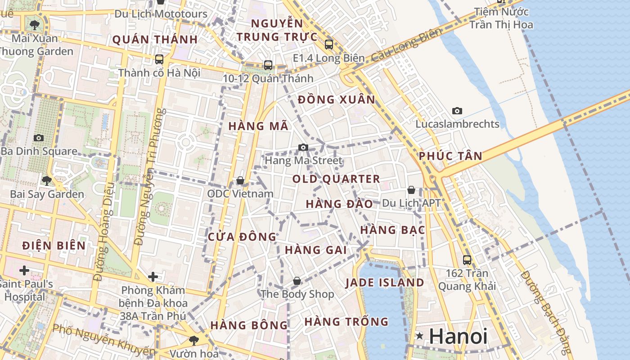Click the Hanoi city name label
click(x=458, y=336)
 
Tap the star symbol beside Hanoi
click(x=419, y=336)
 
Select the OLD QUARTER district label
click(x=336, y=179)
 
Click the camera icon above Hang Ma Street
click(x=303, y=147)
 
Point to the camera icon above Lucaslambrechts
click(x=457, y=111)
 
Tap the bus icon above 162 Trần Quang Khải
click(x=467, y=260)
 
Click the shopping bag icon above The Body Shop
click(x=297, y=281)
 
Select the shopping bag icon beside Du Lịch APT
click(x=411, y=190)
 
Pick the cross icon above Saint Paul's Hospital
click(x=24, y=270)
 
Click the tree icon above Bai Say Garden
click(x=46, y=181)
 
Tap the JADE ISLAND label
click(x=385, y=283)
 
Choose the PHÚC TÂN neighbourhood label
click(x=450, y=156)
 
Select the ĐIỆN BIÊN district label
click(x=54, y=246)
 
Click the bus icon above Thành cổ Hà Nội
click(x=159, y=59)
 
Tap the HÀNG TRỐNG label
click(x=346, y=322)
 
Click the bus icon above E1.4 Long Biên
click(x=329, y=45)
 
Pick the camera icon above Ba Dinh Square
click(x=39, y=138)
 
